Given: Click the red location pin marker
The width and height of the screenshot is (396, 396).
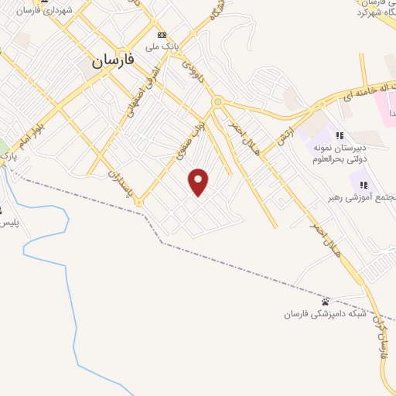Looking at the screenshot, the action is tap(200, 182).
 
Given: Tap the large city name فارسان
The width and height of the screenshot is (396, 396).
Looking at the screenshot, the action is tap(113, 61).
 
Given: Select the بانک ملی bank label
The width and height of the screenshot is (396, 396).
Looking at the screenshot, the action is tap(165, 46).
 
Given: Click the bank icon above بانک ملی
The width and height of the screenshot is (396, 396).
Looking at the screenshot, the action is tap(162, 35).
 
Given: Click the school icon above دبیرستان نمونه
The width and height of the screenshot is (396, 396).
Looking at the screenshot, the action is tap(340, 135).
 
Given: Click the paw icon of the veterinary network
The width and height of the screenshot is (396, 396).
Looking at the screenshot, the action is tap(325, 301).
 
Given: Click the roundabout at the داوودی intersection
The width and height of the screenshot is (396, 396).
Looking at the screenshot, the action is tap(218, 101).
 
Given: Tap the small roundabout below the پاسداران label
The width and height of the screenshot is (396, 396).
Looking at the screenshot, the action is tap(138, 202).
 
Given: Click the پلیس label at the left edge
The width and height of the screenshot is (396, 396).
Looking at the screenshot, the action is tap(8, 223).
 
